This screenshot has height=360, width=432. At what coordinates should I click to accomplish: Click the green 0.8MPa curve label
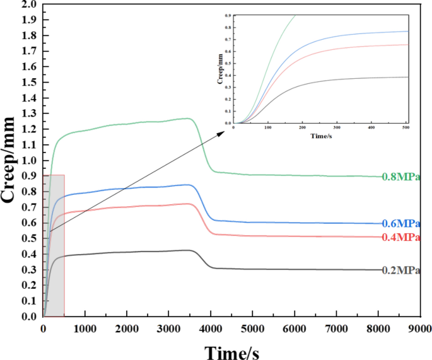click(401, 178)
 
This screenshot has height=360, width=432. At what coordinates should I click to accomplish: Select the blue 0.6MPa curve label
click(401, 224)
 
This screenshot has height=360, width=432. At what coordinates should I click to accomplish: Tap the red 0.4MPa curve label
click(401, 238)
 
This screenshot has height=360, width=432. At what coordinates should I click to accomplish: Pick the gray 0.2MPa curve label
click(401, 270)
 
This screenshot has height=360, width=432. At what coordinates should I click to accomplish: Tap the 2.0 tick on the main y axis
click(28, 4)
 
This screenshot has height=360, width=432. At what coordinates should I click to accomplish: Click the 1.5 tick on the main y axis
click(28, 83)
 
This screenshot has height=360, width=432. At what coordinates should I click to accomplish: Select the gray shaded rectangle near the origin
click(54, 246)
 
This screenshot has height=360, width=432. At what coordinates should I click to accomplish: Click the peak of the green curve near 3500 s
click(187, 118)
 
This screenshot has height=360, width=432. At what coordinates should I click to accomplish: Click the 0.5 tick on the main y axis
click(28, 239)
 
